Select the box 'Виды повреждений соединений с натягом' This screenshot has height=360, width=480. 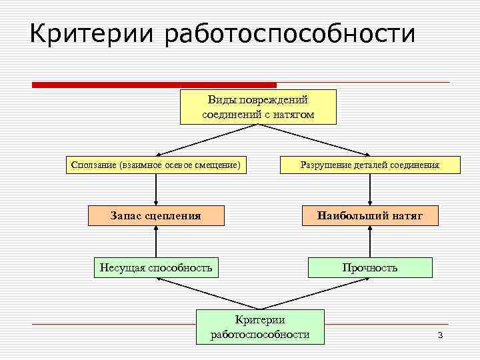258,107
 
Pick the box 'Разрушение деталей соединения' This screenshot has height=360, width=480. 370,165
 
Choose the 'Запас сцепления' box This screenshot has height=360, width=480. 155,215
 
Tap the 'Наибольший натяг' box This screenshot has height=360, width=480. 370,215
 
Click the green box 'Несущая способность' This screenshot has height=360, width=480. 155,267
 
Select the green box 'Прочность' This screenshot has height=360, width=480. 370,267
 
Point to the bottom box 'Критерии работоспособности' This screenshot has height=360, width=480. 260,327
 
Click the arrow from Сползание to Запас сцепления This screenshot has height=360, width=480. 155,189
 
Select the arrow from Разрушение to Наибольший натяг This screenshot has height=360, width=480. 370,189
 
